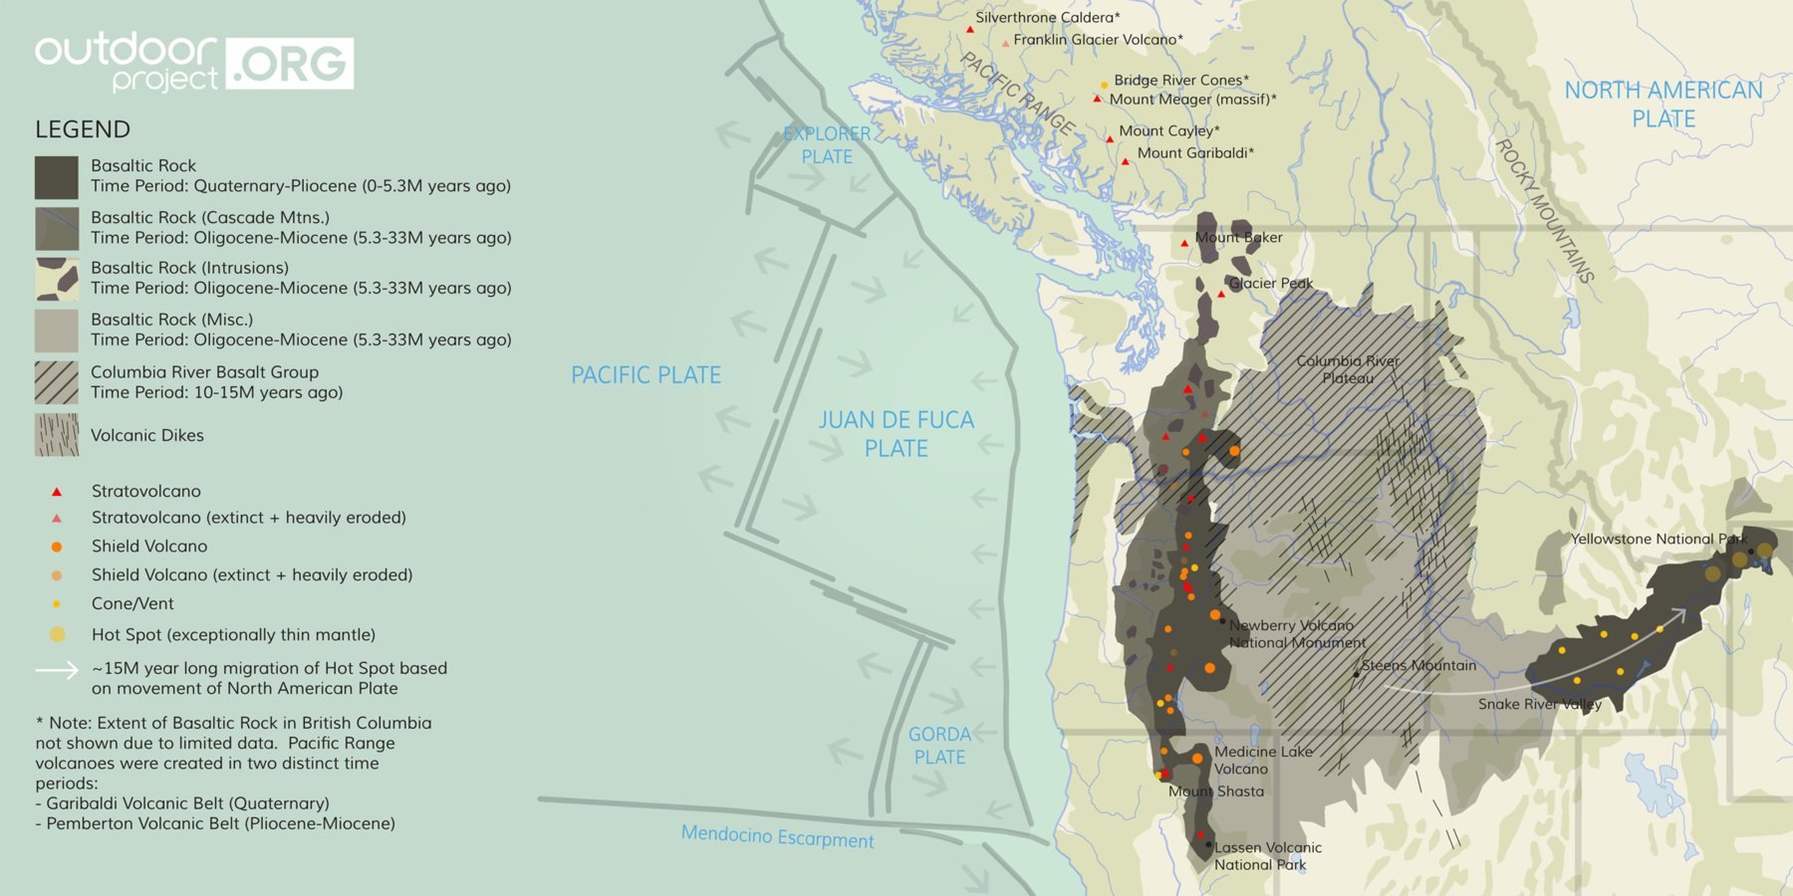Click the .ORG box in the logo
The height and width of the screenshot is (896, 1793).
[290, 64]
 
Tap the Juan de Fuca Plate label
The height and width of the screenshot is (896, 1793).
[896, 434]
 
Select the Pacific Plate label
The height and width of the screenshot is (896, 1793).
[645, 375]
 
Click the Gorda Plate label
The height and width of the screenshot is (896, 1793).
[938, 746]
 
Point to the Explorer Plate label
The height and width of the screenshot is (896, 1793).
[827, 145]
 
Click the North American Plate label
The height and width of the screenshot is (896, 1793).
[1663, 104]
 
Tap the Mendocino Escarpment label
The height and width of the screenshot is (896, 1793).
[777, 837]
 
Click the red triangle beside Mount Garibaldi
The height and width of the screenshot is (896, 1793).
[1126, 161]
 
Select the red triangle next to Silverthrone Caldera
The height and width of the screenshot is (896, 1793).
[970, 30]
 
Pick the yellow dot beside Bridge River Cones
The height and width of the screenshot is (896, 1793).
[1104, 86]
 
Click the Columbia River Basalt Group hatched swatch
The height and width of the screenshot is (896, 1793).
[57, 382]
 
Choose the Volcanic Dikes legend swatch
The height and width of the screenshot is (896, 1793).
[57, 435]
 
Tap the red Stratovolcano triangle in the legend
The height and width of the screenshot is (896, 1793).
[57, 492]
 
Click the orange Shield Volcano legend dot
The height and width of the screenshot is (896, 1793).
[57, 547]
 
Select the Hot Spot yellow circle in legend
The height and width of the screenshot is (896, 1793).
[58, 634]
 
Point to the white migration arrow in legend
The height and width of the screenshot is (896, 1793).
[57, 670]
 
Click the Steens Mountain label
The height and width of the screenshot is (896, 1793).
[1418, 666]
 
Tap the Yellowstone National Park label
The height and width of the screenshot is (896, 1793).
[1659, 539]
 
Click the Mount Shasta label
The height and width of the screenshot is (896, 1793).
[1215, 791]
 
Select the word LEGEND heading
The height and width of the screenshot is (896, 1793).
[83, 129]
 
